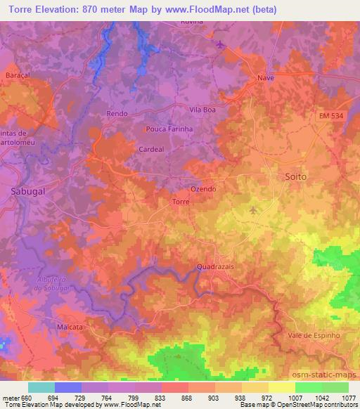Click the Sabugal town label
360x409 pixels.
click(x=29, y=190)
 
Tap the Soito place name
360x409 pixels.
click(x=295, y=176)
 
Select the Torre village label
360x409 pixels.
click(x=180, y=202)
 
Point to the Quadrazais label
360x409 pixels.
click(x=215, y=267)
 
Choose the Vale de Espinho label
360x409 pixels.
click(x=314, y=335)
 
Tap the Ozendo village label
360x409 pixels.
click(x=203, y=190)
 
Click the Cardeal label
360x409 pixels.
click(x=151, y=149)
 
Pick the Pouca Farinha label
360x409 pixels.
click(x=169, y=129)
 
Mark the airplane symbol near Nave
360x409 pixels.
click(x=223, y=45)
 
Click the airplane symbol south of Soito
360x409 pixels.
click(x=254, y=209)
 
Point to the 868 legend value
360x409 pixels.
click(x=187, y=397)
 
